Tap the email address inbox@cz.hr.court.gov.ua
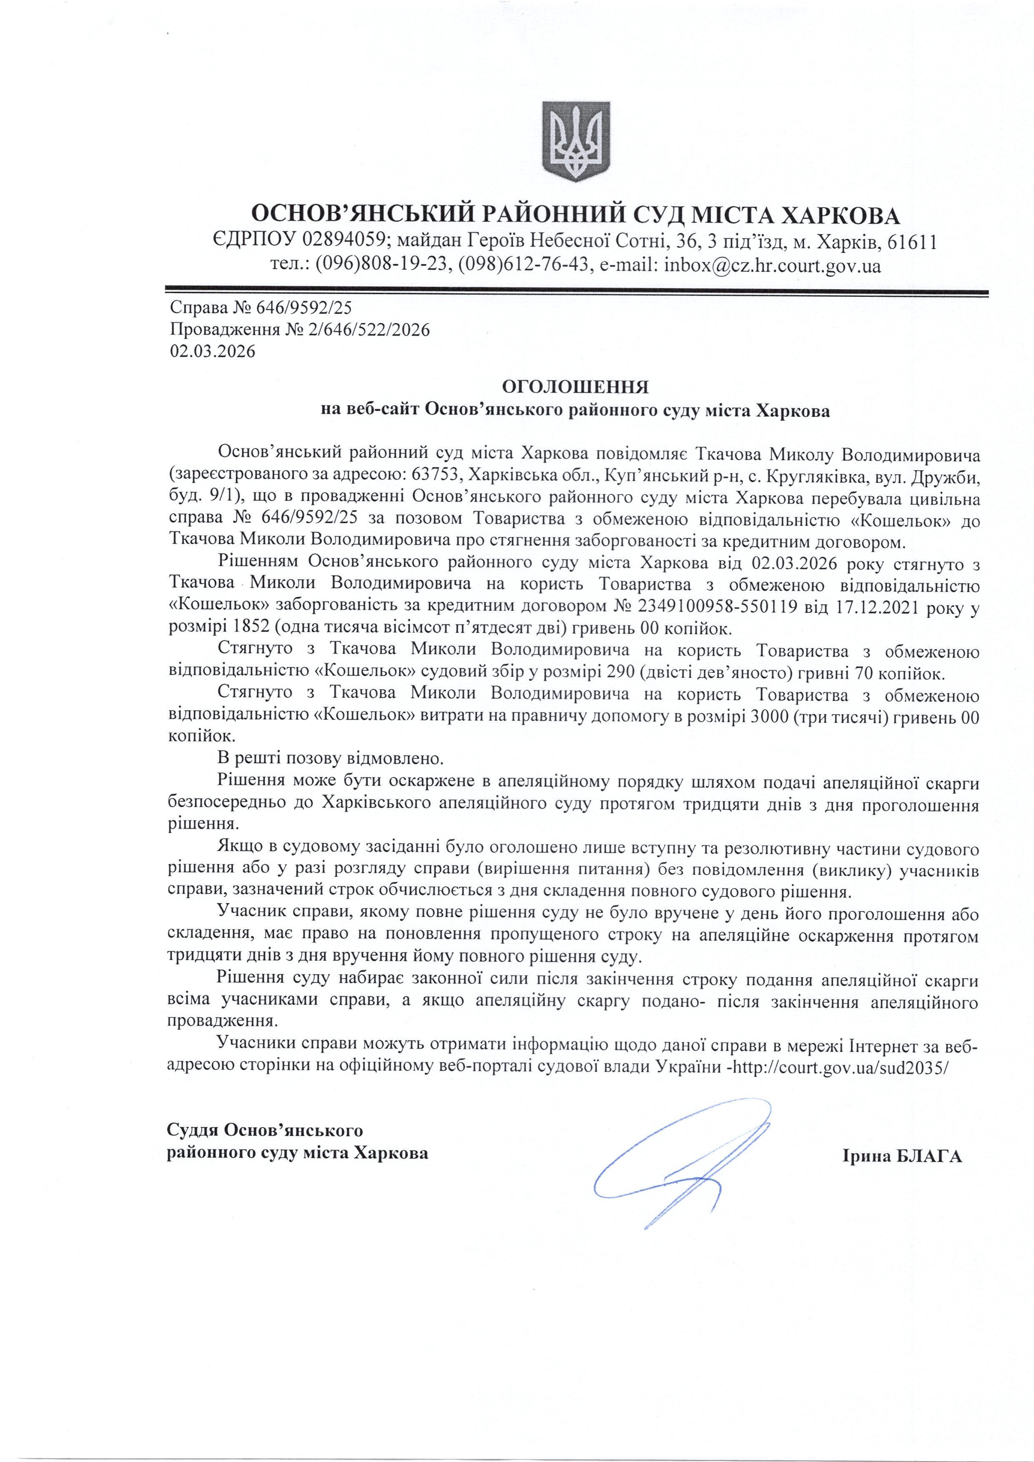(x=772, y=265)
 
